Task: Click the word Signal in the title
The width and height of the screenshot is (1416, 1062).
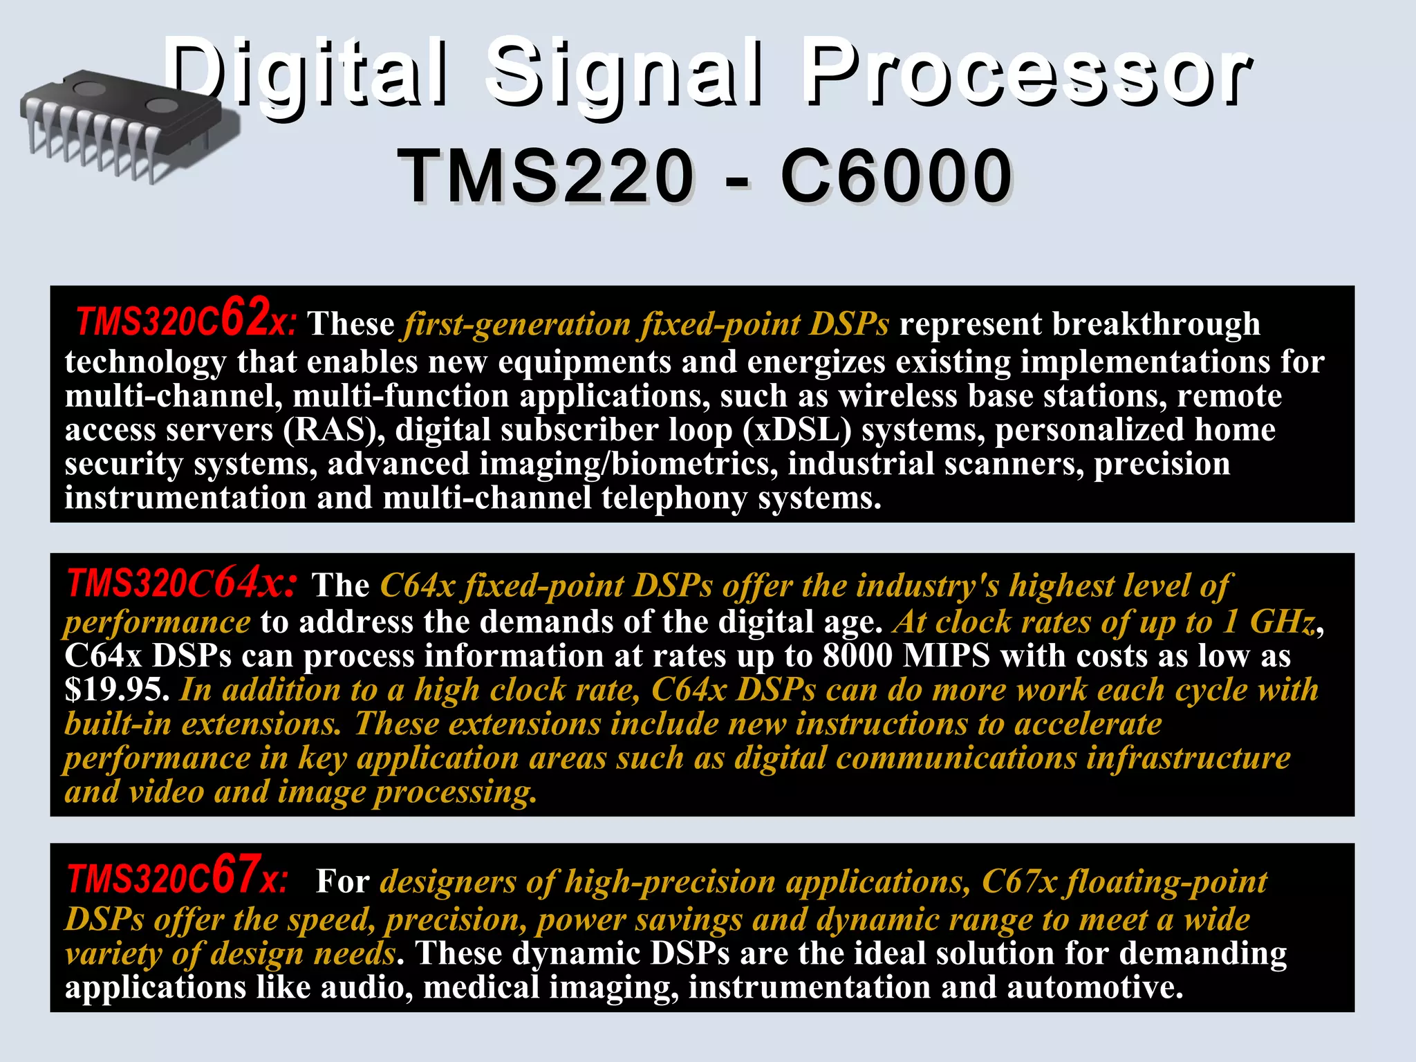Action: click(626, 73)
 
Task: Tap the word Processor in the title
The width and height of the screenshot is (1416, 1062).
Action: click(1027, 73)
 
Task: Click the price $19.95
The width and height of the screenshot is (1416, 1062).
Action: click(116, 689)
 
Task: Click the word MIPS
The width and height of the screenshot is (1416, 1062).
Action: click(947, 655)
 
